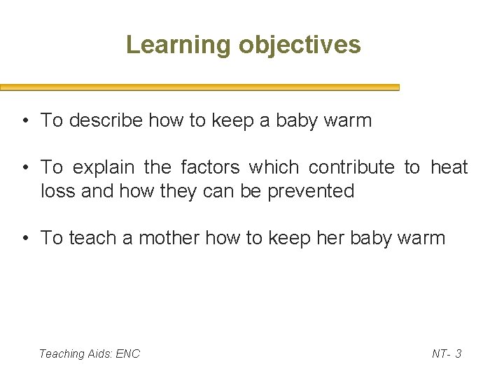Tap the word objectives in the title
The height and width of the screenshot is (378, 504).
[300, 45]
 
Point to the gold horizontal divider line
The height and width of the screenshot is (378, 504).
[199, 87]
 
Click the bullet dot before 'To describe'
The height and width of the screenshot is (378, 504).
[24, 121]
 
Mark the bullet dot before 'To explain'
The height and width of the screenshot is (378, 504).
[24, 168]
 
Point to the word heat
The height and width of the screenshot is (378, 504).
[449, 167]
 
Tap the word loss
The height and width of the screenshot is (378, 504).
[58, 190]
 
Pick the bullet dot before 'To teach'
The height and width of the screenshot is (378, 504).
[24, 239]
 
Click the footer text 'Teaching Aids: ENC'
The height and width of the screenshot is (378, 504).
[90, 353]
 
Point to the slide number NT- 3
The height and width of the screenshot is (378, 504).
[446, 353]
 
